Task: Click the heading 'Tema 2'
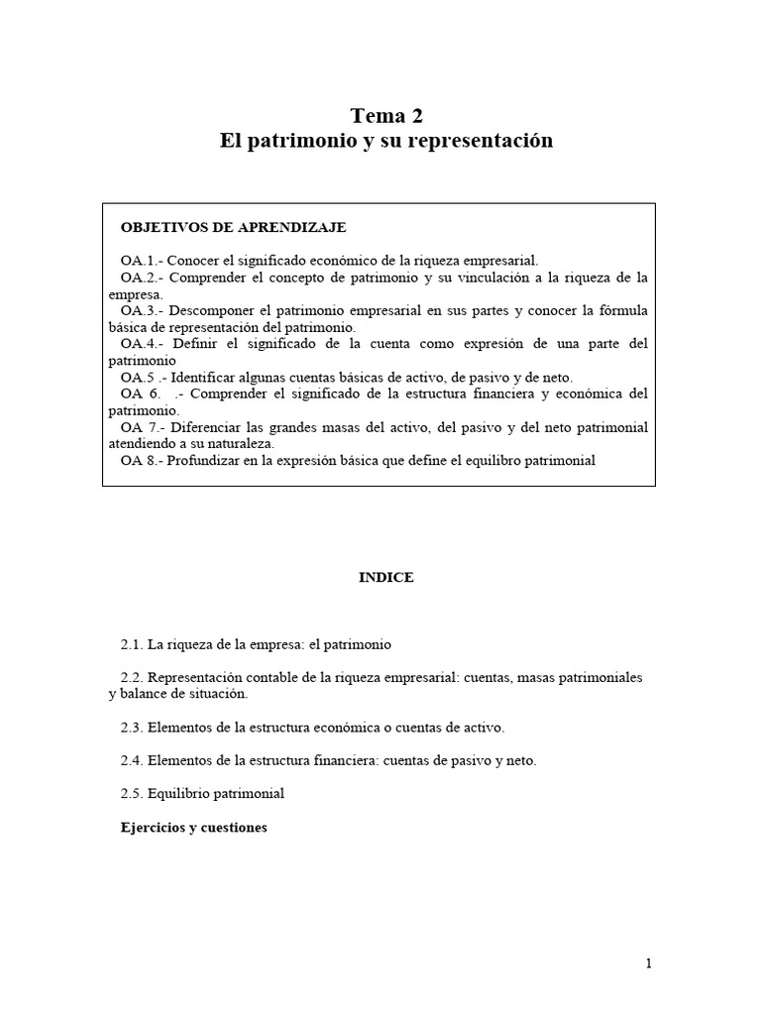tap(386, 116)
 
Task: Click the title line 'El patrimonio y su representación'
tap(386, 141)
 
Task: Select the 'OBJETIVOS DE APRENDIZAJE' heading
tap(233, 227)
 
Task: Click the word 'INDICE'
tap(386, 578)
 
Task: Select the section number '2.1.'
tap(133, 644)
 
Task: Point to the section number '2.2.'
tap(133, 678)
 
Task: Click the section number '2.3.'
tap(133, 728)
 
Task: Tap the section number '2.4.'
tap(133, 760)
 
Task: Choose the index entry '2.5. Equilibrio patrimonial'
tap(202, 794)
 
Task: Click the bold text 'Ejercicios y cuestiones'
tap(194, 828)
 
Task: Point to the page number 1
tap(649, 962)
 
